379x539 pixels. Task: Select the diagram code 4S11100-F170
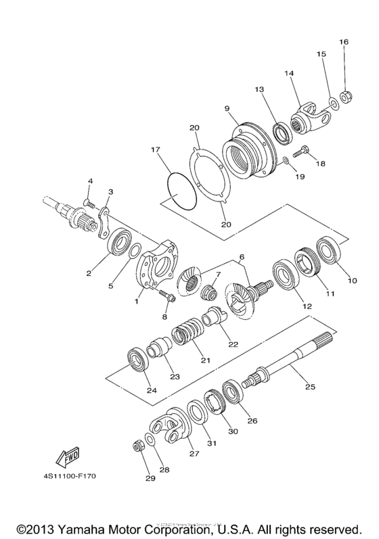pos(70,476)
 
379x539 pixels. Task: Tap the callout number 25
pos(309,388)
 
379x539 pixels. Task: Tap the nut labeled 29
pos(138,447)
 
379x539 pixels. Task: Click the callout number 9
pos(227,107)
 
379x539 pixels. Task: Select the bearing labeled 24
pos(139,358)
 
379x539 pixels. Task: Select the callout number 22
pos(233,344)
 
